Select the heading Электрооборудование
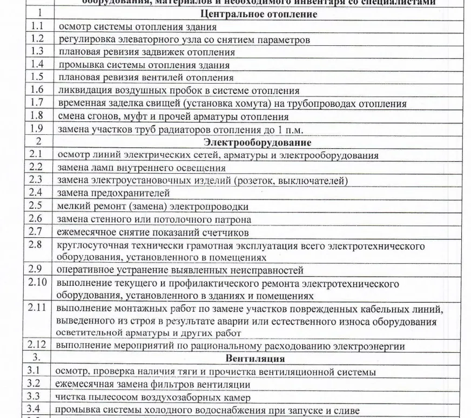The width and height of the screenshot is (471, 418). pyautogui.click(x=257, y=143)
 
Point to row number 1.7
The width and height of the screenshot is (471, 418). pyautogui.click(x=37, y=104)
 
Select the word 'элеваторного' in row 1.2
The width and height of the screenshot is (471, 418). pyautogui.click(x=142, y=39)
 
